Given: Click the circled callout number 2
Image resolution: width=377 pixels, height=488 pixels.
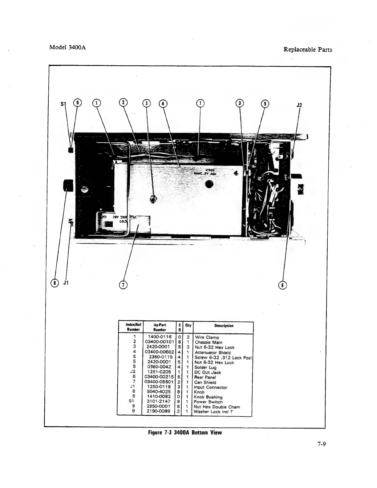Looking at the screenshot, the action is [123, 103].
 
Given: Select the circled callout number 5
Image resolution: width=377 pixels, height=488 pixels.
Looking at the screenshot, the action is [265, 103].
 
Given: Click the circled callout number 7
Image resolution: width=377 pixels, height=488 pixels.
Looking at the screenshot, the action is [123, 285].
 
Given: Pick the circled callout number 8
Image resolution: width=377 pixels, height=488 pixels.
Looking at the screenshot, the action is [55, 282].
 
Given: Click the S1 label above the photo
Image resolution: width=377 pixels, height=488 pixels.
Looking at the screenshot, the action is [63, 104].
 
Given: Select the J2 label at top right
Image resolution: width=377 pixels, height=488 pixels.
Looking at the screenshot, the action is [299, 105].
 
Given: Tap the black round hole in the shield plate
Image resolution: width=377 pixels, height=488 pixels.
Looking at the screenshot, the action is [210, 185].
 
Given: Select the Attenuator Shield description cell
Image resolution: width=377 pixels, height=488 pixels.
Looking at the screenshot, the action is [213, 352].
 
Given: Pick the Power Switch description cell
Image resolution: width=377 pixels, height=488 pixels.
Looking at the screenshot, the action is [208, 402].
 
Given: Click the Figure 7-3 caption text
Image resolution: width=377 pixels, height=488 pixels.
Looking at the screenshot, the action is [185, 433].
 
